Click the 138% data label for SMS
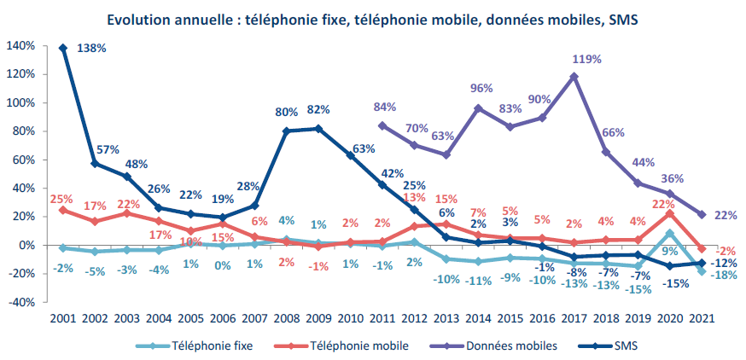pos(91,49)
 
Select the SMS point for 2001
pos(63,48)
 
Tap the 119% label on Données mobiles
pos(588,60)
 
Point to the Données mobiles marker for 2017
pos(574,76)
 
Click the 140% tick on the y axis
pos(20,45)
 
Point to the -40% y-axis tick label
pos(20,302)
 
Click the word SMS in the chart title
pos(623,19)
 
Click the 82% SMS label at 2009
pos(318,110)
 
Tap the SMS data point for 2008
pos(286,131)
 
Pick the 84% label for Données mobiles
pos(385,107)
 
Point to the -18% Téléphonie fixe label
pos(725,276)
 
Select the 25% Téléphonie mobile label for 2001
pos(61,199)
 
